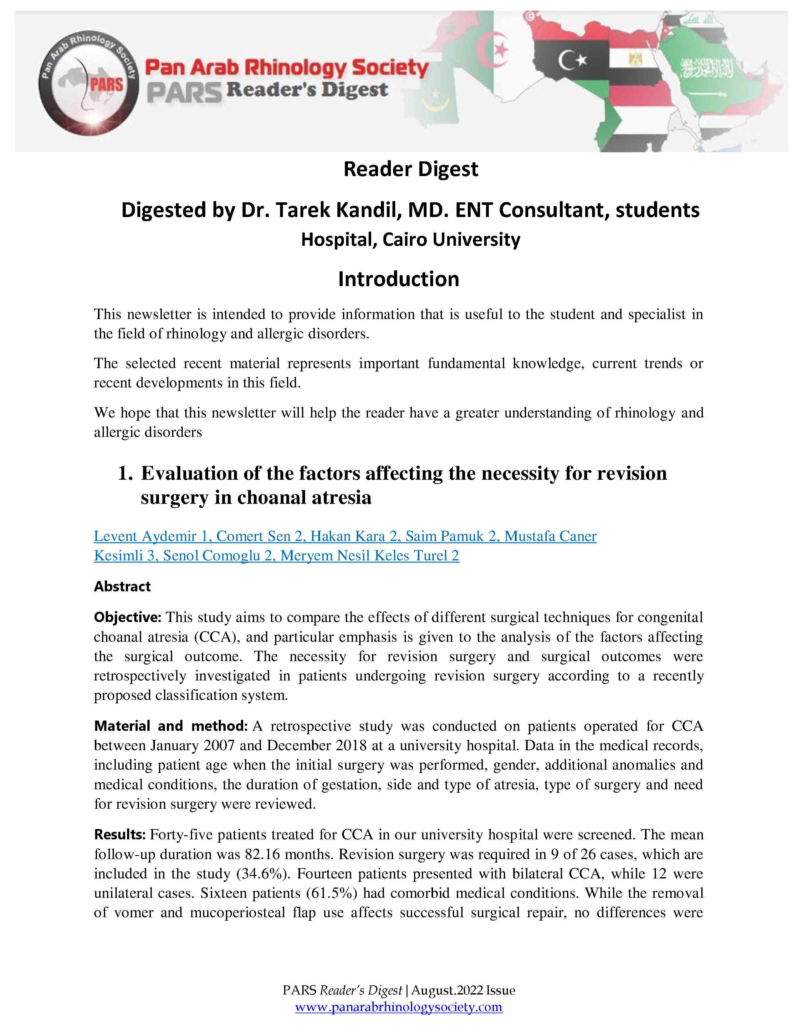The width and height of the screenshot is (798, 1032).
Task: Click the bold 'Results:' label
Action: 120,835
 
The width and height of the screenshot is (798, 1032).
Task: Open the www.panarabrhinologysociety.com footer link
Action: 398,1007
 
